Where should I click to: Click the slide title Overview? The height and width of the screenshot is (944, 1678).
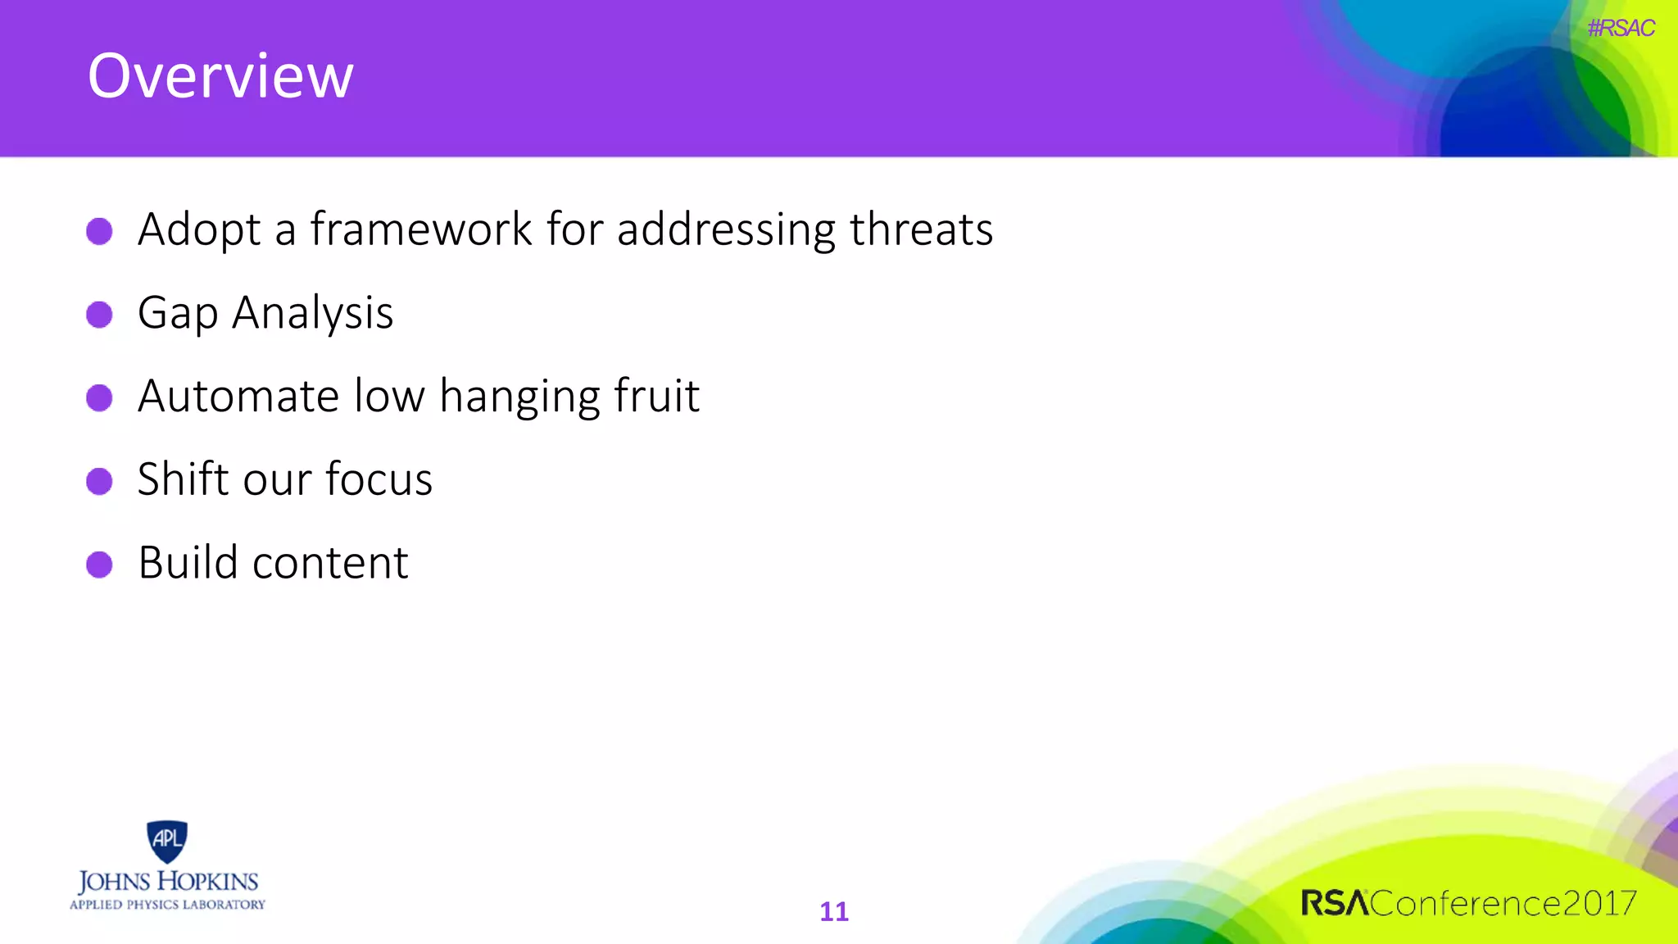(x=220, y=76)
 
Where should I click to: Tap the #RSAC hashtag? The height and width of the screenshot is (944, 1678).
(x=1621, y=28)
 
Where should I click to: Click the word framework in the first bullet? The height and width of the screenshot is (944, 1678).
(x=421, y=229)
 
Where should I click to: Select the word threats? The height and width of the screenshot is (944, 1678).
(x=921, y=229)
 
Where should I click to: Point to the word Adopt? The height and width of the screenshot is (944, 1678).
(x=199, y=229)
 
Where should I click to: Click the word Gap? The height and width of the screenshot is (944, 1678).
(x=177, y=314)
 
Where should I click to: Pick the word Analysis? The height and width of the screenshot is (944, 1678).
(x=312, y=314)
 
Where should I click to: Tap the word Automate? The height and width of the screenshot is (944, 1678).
(x=238, y=397)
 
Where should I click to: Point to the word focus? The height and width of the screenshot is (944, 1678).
(x=379, y=479)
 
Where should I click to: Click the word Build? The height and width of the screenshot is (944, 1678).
(x=188, y=563)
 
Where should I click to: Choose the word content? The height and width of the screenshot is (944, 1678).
(x=330, y=563)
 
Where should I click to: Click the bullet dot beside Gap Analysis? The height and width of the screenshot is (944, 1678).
(x=99, y=315)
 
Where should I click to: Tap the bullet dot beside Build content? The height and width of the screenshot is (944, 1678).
(x=99, y=565)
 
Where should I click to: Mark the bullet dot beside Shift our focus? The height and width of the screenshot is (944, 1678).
(x=99, y=481)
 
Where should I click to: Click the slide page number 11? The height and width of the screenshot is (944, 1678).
(x=834, y=912)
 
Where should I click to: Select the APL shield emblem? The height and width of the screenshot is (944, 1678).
(x=167, y=841)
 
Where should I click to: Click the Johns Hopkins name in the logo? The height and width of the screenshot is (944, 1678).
(x=168, y=882)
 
